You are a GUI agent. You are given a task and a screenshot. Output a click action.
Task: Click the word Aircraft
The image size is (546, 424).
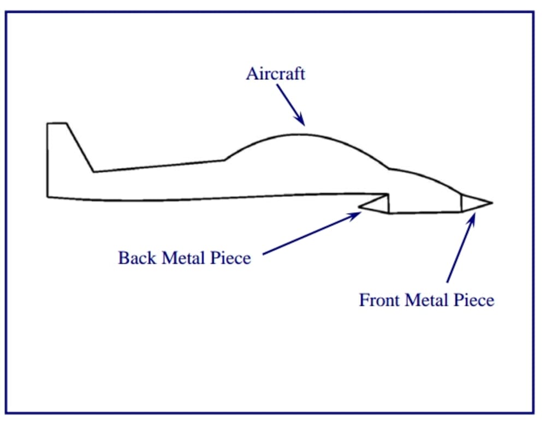275,74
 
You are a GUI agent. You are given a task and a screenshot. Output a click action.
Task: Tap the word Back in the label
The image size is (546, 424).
134,257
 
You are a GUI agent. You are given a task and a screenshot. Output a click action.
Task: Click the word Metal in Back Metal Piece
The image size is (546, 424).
180,257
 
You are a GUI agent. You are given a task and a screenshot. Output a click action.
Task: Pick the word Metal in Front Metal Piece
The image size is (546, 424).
426,300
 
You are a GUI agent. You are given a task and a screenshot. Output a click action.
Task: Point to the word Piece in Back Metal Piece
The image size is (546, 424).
230,257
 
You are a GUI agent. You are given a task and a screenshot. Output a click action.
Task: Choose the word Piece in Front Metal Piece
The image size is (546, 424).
476,300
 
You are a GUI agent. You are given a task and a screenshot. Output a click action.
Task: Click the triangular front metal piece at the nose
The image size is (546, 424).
474,203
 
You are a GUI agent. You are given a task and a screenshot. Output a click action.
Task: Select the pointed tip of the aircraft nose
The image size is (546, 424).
492,203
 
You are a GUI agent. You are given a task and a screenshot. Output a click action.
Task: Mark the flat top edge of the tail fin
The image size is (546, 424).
57,123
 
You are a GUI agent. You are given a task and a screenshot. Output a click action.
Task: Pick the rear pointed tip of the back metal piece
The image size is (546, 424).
359,206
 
